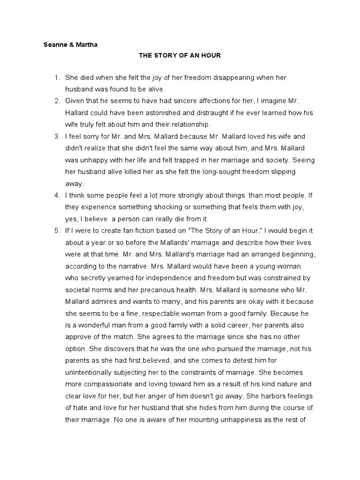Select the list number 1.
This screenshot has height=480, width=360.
(56, 77)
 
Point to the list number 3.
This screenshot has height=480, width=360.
(56, 136)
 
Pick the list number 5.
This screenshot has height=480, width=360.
(56, 231)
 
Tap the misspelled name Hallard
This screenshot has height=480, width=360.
(77, 113)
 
